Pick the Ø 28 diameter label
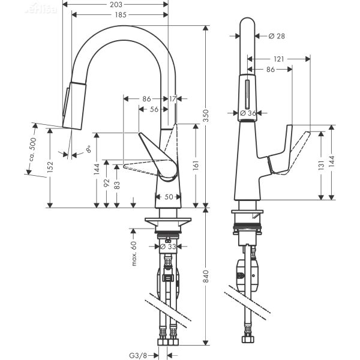277,36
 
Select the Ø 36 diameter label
248,113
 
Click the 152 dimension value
50,166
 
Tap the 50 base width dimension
169,197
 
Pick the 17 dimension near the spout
173,98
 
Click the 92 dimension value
106,184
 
